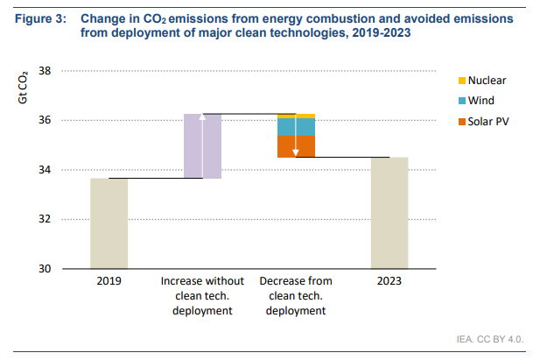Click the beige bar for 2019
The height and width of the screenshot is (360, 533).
point(109,223)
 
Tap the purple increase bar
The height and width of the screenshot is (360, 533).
point(202,146)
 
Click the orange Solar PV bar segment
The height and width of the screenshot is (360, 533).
point(296,146)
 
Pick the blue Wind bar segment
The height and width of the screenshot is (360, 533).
point(296,128)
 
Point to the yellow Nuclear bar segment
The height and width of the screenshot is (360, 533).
point(296,116)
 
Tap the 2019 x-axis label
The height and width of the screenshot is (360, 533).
point(109,283)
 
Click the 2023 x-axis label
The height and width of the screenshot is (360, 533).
point(389,283)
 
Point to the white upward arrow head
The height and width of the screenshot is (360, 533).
point(202,118)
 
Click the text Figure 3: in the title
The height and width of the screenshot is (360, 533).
point(40,18)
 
